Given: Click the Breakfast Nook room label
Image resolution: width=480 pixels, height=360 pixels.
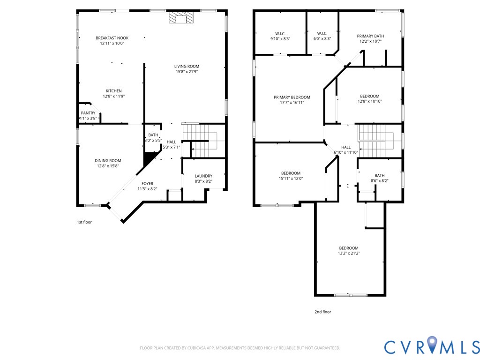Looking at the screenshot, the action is (112, 38).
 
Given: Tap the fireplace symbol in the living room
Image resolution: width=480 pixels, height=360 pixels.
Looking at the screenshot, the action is (181, 17).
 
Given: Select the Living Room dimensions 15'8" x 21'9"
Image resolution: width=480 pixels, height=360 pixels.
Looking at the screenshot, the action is (187, 72).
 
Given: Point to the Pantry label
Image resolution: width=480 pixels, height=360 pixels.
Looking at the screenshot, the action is (88, 113).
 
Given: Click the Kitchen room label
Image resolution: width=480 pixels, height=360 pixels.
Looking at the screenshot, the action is (114, 91).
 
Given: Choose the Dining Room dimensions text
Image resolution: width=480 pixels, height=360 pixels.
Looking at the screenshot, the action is (108, 166).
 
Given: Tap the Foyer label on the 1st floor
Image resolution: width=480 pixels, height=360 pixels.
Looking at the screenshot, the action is (148, 184).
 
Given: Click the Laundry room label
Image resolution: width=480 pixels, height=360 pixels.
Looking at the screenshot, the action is (203, 176).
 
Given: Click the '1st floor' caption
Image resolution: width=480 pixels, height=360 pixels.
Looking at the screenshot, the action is (84, 222).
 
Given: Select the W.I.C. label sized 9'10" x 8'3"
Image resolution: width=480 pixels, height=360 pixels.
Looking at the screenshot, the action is (280, 34).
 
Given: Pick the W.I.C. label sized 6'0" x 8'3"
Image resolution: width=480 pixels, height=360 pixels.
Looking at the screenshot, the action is (322, 34).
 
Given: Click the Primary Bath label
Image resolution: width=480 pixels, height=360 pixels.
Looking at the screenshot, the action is (370, 36).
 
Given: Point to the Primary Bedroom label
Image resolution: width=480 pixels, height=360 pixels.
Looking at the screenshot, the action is (292, 97).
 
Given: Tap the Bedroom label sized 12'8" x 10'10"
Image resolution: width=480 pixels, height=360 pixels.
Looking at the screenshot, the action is (370, 96).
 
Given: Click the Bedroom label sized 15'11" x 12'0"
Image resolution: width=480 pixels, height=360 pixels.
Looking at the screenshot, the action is (291, 173).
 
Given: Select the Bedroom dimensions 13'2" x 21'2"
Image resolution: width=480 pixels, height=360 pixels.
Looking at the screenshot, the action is (349, 253).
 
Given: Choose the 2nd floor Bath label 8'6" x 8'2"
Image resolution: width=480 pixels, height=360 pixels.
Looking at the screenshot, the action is (380, 175).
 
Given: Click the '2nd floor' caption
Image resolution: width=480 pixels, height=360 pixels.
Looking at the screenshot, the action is (323, 312).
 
